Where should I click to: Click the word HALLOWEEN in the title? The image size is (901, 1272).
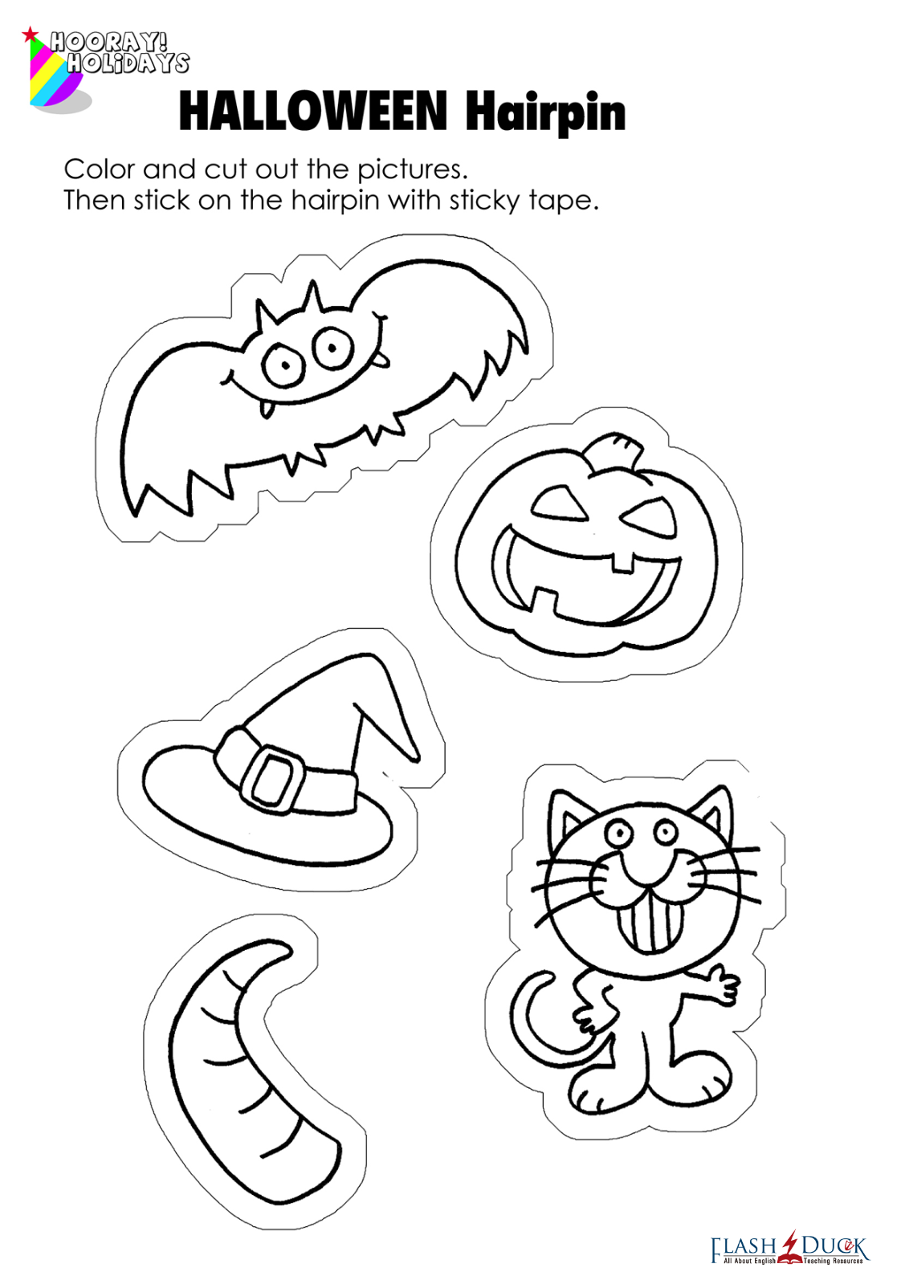pyautogui.click(x=313, y=112)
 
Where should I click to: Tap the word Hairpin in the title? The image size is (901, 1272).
pyautogui.click(x=545, y=113)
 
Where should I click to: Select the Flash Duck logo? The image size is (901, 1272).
pyautogui.click(x=789, y=1247)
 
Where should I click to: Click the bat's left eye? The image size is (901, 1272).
pyautogui.click(x=282, y=365)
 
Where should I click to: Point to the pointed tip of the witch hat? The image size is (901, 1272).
pyautogui.click(x=415, y=757)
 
